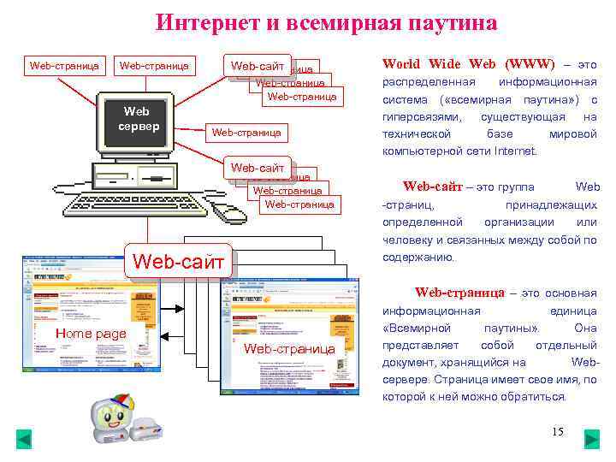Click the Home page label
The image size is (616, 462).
click(91, 334)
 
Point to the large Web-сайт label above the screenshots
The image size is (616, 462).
click(178, 257)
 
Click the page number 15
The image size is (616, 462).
click(558, 431)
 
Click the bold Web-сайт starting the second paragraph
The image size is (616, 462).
click(432, 187)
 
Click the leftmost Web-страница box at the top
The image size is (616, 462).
click(64, 65)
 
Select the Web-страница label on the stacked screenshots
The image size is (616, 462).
click(289, 349)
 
